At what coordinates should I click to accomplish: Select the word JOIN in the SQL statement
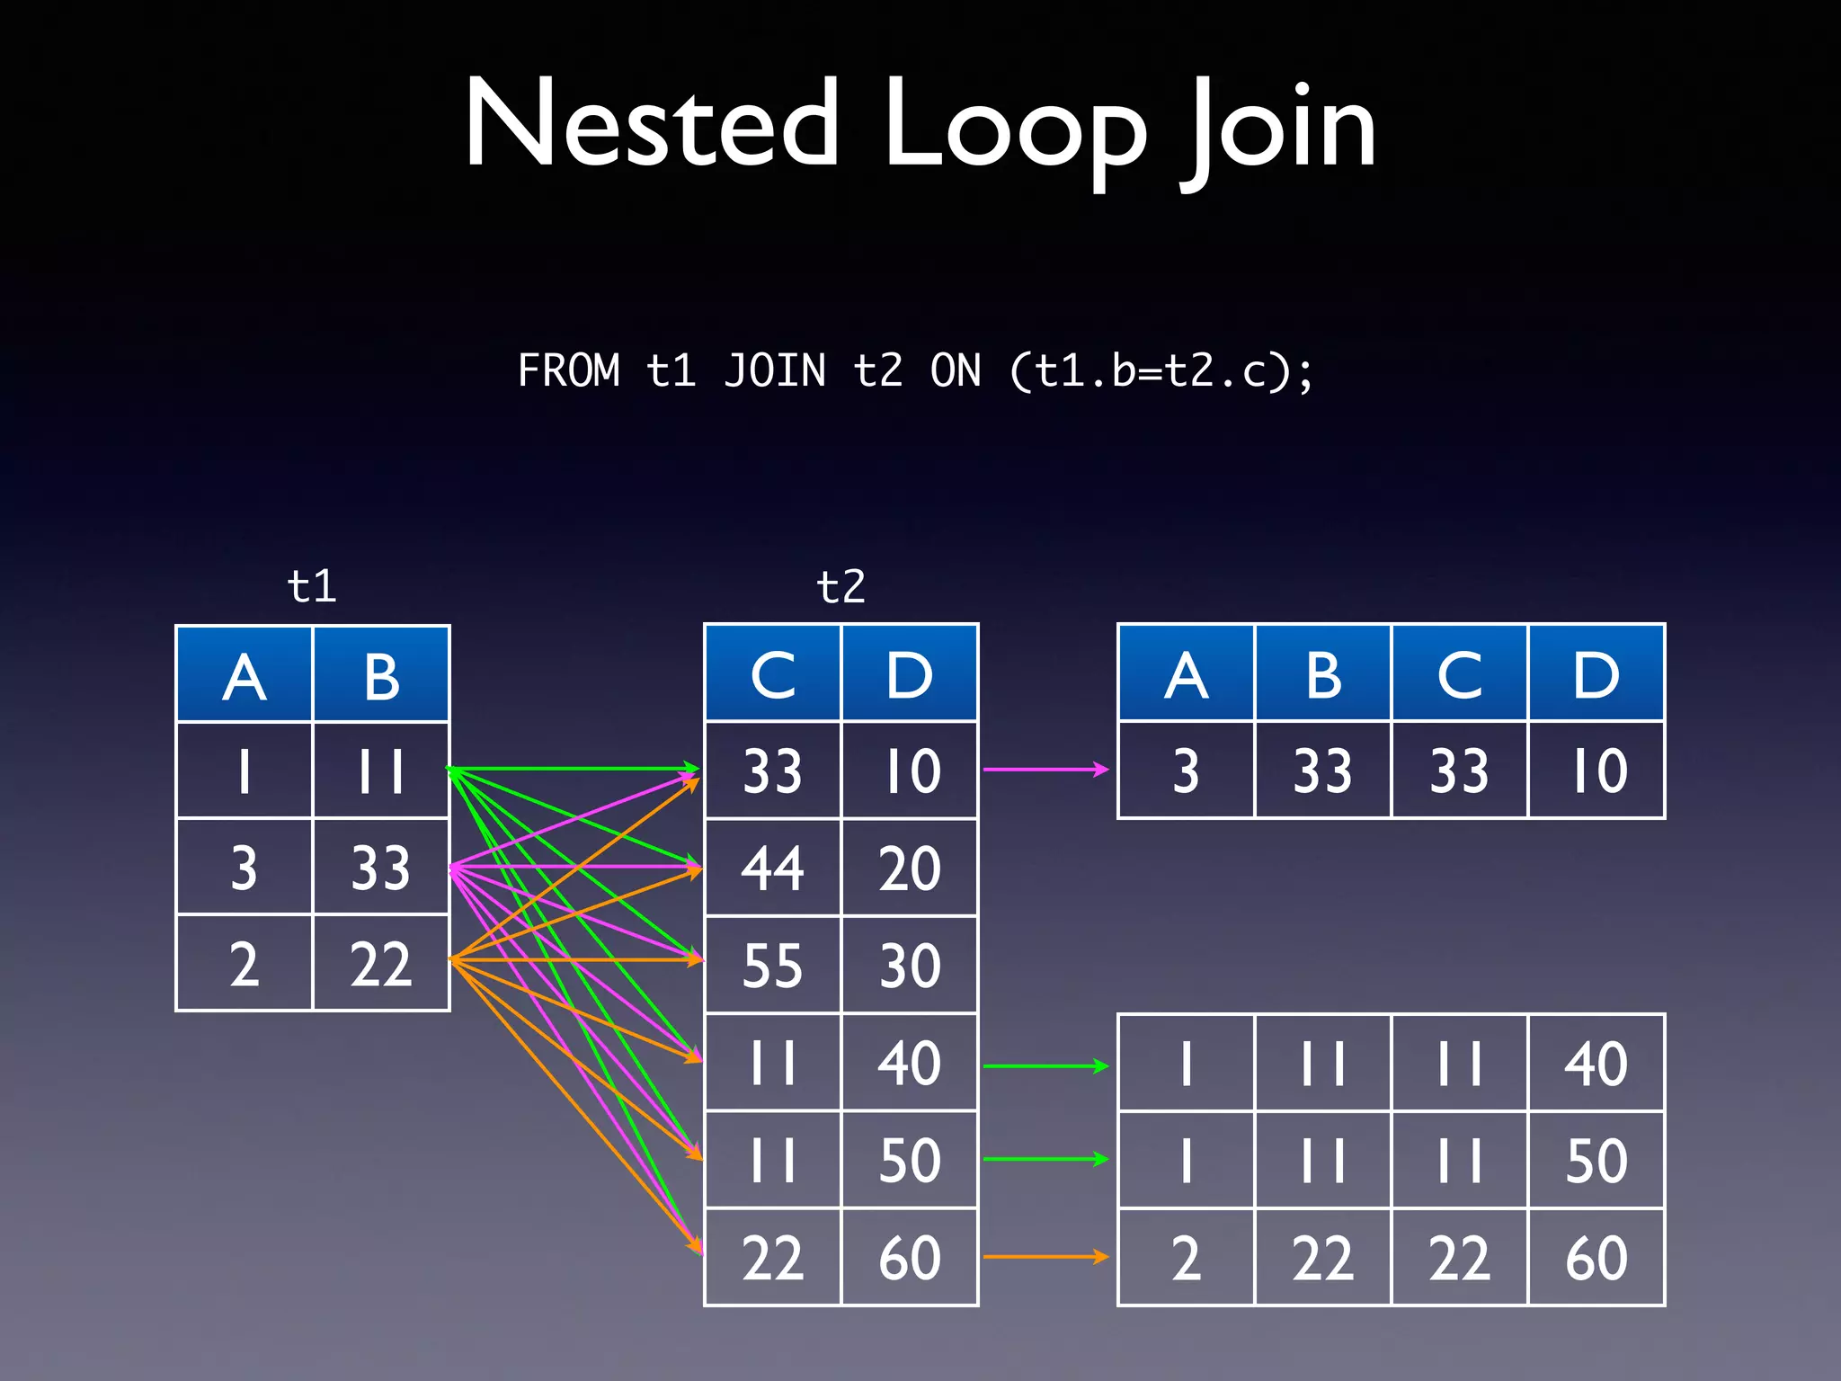tap(775, 370)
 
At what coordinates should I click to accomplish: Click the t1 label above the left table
tap(311, 586)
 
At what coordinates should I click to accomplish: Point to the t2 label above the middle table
tap(840, 586)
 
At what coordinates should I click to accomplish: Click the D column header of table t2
tap(909, 674)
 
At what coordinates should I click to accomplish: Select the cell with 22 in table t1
tap(381, 964)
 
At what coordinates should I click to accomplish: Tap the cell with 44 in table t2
tap(772, 869)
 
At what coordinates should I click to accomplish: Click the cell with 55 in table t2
tap(772, 966)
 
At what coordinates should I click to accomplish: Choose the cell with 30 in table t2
tap(909, 966)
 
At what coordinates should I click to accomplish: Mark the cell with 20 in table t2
tap(909, 869)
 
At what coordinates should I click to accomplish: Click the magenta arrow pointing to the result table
tap(1045, 770)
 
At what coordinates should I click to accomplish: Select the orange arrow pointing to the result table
tap(1045, 1257)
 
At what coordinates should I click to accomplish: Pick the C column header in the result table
tap(1459, 674)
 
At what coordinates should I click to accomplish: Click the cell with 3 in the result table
tap(1186, 771)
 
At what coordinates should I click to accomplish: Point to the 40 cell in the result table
tap(1596, 1064)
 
